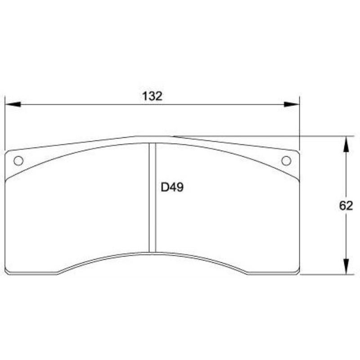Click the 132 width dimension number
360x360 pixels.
pyautogui.click(x=152, y=96)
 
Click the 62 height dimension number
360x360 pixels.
pyautogui.click(x=346, y=206)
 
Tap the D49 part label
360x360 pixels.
pyautogui.click(x=172, y=187)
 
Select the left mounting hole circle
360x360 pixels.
pyautogui.click(x=18, y=161)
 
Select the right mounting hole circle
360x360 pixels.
pyautogui.click(x=286, y=161)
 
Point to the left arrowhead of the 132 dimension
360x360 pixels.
pyautogui.click(x=13, y=104)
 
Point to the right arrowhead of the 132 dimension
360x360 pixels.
pyautogui.click(x=292, y=104)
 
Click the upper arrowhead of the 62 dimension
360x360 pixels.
pyautogui.click(x=346, y=144)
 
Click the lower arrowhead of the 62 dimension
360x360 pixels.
pyautogui.click(x=346, y=266)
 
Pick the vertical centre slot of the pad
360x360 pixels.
pyautogui.click(x=153, y=198)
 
